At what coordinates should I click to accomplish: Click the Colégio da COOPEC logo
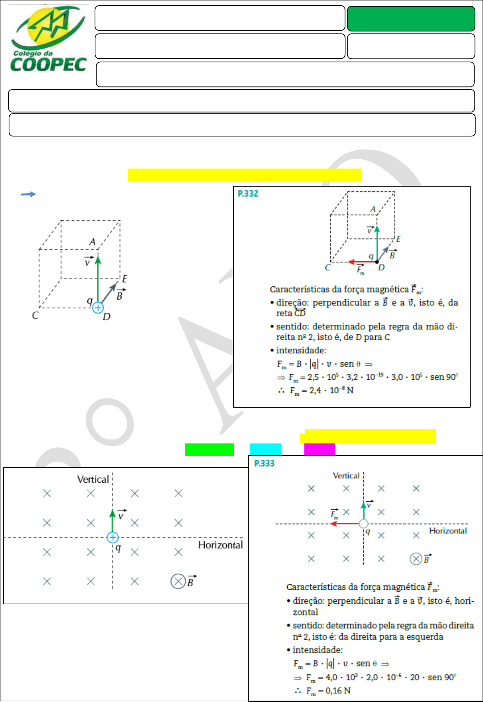[x=48, y=40]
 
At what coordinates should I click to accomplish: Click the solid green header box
[x=411, y=19]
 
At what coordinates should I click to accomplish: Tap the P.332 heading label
[x=248, y=193]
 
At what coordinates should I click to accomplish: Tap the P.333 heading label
[x=264, y=463]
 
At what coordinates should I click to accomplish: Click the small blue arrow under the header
[x=28, y=194]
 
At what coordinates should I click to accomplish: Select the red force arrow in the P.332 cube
[x=362, y=262]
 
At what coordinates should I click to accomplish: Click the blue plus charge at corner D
[x=98, y=308]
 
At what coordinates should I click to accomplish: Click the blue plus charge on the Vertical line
[x=112, y=537]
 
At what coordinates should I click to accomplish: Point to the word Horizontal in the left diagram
[x=220, y=545]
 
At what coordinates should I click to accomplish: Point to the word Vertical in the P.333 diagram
[x=346, y=476]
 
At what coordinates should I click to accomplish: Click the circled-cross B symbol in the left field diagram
[x=178, y=581]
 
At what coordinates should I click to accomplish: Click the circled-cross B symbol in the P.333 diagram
[x=416, y=559]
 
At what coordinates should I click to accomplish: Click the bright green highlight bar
[x=209, y=449]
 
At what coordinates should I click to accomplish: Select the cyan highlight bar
[x=265, y=449]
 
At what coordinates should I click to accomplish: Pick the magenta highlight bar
[x=319, y=449]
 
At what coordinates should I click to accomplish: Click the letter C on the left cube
[x=35, y=315]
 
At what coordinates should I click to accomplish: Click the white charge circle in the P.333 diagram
[x=363, y=524]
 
